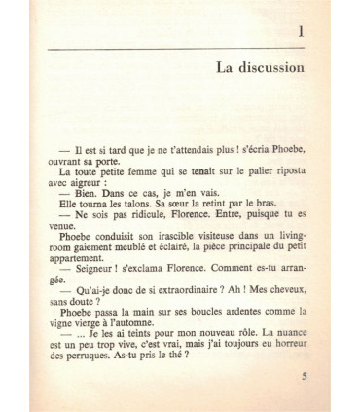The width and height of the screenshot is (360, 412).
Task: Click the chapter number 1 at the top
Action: [x=302, y=36]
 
